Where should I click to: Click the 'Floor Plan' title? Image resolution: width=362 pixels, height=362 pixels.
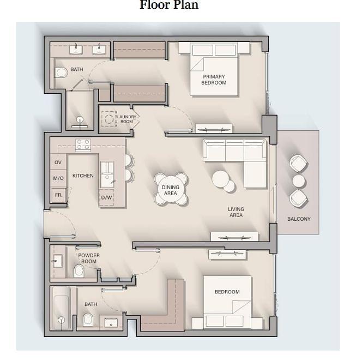pos(169,5)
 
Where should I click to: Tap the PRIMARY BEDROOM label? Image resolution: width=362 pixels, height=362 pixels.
pos(214,80)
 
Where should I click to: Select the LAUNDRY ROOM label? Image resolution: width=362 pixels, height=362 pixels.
pos(126,119)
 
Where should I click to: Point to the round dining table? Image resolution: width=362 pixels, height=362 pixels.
pos(171,190)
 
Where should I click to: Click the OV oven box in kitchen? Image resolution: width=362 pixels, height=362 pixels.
pos(58,162)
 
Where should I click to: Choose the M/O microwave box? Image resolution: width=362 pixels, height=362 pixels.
pos(58,178)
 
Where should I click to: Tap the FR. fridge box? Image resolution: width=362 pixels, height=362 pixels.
pos(58,195)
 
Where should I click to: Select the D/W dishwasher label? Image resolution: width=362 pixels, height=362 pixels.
pos(106,197)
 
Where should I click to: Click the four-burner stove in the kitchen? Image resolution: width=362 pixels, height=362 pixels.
pos(83,145)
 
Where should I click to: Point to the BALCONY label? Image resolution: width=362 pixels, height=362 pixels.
pos(299,219)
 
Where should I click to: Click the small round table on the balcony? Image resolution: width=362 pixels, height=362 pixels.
pos(299,181)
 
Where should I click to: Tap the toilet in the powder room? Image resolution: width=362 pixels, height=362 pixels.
pos(79,271)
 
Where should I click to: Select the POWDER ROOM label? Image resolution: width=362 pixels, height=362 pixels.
pos(89,258)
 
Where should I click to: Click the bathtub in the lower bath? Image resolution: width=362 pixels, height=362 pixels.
pos(61,309)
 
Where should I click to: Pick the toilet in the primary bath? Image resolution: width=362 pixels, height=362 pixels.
pos(61,73)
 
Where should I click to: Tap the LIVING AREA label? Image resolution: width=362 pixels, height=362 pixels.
pos(236,212)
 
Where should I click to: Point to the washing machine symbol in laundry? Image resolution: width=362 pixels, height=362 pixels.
pos(109,119)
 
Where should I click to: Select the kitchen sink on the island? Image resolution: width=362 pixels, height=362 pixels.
pos(107,174)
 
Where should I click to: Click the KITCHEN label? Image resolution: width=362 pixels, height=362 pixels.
pos(83,176)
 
